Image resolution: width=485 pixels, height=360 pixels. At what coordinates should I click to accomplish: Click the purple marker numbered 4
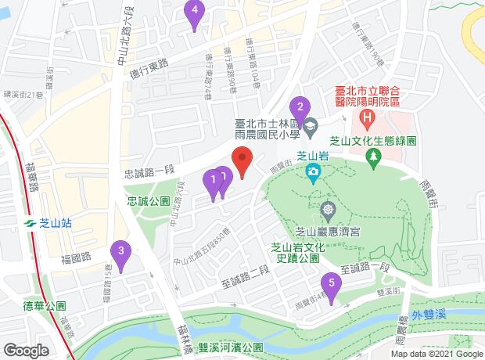click(195, 13)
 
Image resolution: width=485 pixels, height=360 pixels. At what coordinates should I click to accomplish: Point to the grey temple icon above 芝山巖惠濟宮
click(326, 209)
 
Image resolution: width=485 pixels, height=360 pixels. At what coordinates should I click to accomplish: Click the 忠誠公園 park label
click(149, 201)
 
